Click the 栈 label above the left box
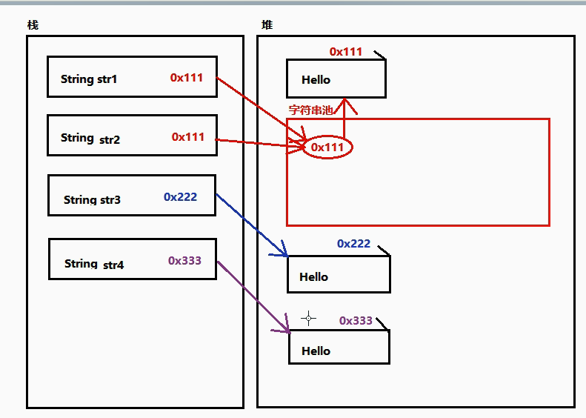(33, 25)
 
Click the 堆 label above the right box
(267, 25)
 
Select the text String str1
(89, 79)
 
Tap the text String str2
(90, 139)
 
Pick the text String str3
(92, 199)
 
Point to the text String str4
(94, 264)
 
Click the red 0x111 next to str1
(187, 77)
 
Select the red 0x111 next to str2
(188, 137)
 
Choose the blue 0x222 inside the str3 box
(180, 196)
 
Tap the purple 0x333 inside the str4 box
(184, 260)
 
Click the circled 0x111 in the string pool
(327, 147)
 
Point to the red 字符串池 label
(310, 110)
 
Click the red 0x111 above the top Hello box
(346, 52)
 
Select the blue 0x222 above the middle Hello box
(353, 243)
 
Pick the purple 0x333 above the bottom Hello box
(356, 320)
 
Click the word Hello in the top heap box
(316, 79)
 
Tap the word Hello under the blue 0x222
(313, 276)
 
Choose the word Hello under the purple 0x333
(316, 351)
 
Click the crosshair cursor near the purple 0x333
(308, 318)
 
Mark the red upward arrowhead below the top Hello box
(344, 105)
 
